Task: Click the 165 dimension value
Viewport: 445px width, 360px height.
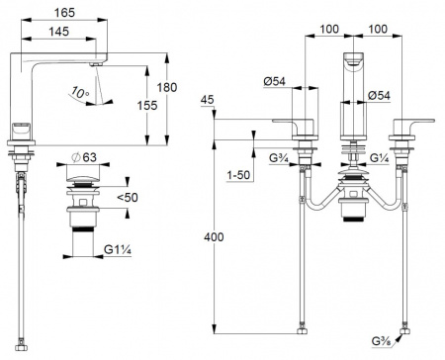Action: point(64,13)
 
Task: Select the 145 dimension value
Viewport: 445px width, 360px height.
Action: point(59,32)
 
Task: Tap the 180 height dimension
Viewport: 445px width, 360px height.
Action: point(167,88)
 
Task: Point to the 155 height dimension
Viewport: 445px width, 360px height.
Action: point(147,106)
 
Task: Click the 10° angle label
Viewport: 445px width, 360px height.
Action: point(80,92)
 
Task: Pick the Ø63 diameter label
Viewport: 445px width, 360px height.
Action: point(83,157)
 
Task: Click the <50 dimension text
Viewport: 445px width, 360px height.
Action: point(128,198)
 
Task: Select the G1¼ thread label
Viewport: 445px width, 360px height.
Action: point(118,249)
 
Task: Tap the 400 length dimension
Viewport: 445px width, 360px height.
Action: point(214,237)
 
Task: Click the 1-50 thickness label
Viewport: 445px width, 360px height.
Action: point(238,175)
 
